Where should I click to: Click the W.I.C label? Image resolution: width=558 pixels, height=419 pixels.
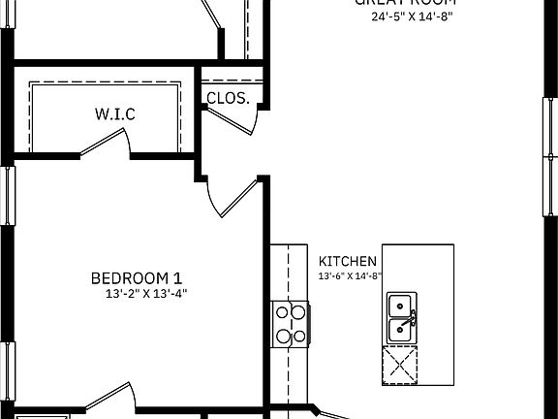[114, 114]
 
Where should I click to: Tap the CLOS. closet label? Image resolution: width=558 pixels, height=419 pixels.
[229, 98]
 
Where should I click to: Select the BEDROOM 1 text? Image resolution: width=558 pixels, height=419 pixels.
[137, 276]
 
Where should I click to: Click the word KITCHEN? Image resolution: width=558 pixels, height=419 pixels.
[348, 261]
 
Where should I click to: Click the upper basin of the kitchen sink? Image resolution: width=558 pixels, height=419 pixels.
[399, 306]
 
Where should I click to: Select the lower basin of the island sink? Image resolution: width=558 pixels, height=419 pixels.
[399, 331]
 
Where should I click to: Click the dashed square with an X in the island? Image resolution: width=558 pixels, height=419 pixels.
[401, 365]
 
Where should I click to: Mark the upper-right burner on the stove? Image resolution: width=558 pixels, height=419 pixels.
[299, 312]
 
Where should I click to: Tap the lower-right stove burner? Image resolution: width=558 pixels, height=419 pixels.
[299, 337]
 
